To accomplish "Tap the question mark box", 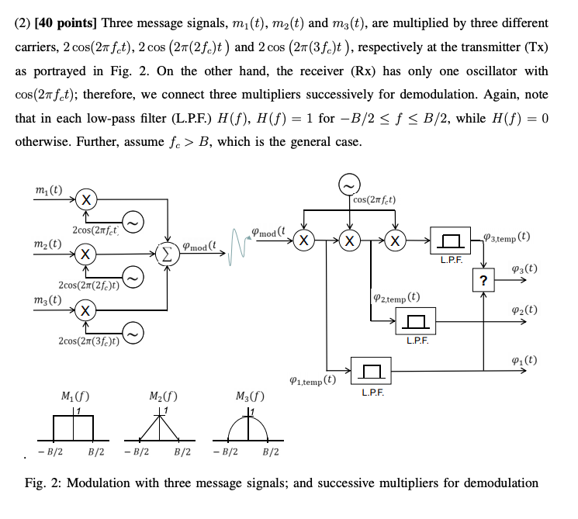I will click(x=484, y=281).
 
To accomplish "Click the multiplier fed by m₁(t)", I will click(x=87, y=199).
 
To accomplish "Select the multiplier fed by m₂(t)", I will click(x=87, y=254).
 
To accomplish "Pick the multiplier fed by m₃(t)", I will click(x=87, y=310).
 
